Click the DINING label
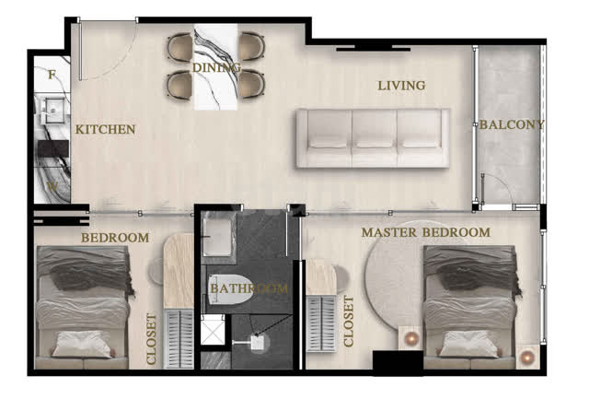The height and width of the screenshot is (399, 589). click(216, 67)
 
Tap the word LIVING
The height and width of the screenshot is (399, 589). click(401, 86)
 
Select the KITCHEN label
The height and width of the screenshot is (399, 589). click(105, 129)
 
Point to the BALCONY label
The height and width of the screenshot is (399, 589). click(512, 124)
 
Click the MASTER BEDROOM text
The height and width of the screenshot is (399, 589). click(425, 232)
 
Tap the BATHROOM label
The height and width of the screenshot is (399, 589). click(248, 288)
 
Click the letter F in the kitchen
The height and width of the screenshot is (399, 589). click(52, 75)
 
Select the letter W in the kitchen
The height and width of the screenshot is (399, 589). click(52, 186)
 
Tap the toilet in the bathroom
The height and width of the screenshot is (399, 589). click(228, 289)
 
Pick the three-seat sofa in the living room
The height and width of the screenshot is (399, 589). click(373, 138)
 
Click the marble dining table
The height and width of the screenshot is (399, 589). click(215, 67)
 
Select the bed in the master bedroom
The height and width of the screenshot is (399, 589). click(470, 307)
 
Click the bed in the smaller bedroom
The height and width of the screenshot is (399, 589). click(83, 307)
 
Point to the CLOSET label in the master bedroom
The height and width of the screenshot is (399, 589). click(349, 322)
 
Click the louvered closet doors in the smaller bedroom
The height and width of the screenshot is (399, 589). click(179, 339)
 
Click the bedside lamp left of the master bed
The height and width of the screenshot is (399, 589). click(410, 338)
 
